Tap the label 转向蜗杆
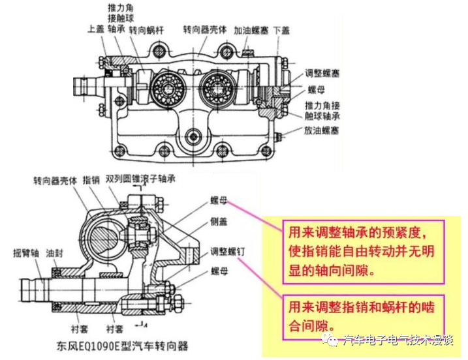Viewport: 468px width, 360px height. coord(147,30)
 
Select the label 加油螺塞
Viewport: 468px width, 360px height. coord(251,30)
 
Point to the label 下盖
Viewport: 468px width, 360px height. coord(281,30)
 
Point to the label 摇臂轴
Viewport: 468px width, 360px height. coord(25,251)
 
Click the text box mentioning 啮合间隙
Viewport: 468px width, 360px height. coord(363,315)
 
